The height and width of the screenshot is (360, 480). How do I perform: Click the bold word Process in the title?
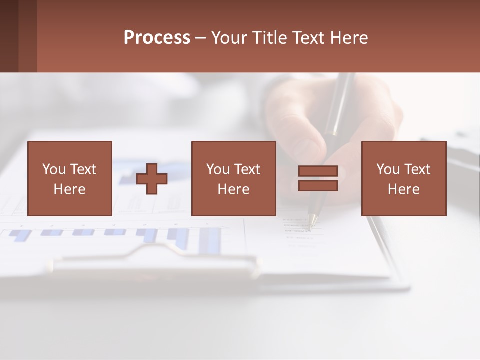pyautogui.click(x=157, y=38)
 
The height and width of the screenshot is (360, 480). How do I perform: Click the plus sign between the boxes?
pyautogui.click(x=152, y=179)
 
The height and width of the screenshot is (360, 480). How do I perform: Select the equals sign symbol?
pyautogui.click(x=318, y=179)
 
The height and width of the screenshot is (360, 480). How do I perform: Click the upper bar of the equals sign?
pyautogui.click(x=318, y=171)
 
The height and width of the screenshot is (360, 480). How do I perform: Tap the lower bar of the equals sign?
pyautogui.click(x=318, y=186)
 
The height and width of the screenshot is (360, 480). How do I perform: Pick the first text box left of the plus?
pyautogui.click(x=70, y=178)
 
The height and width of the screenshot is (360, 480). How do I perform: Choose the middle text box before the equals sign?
pyautogui.click(x=233, y=178)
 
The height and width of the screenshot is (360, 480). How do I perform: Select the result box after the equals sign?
pyautogui.click(x=403, y=178)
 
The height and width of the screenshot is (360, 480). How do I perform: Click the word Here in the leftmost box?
pyautogui.click(x=69, y=189)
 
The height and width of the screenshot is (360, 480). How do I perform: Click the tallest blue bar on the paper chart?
pyautogui.click(x=210, y=240)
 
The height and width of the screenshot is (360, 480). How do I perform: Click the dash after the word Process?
pyautogui.click(x=200, y=38)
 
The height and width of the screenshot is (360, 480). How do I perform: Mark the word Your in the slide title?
pyautogui.click(x=229, y=38)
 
